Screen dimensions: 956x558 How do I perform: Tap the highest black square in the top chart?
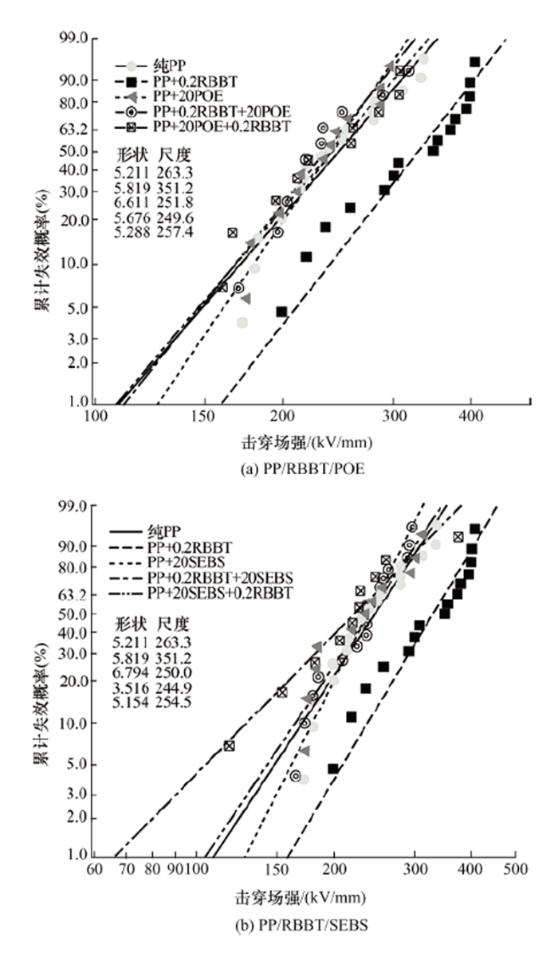pos(474,61)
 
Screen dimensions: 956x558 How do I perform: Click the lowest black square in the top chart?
pos(281,311)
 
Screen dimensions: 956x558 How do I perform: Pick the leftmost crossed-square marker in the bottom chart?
pos(230,746)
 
